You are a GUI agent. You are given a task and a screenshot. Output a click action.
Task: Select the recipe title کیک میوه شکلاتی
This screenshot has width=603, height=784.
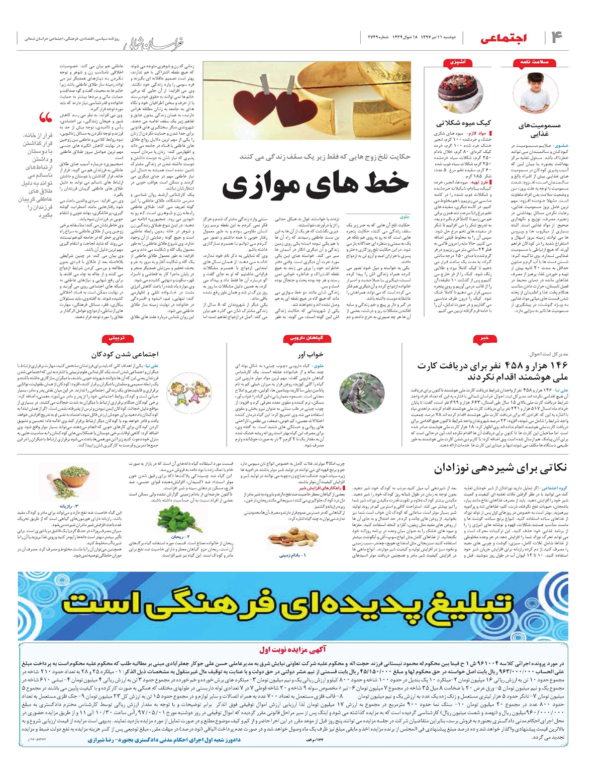(x=463, y=123)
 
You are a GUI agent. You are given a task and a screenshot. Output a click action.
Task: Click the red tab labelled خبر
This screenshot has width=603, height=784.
(x=483, y=338)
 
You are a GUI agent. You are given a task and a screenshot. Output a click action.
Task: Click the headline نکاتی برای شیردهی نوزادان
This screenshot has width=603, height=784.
(x=500, y=468)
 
